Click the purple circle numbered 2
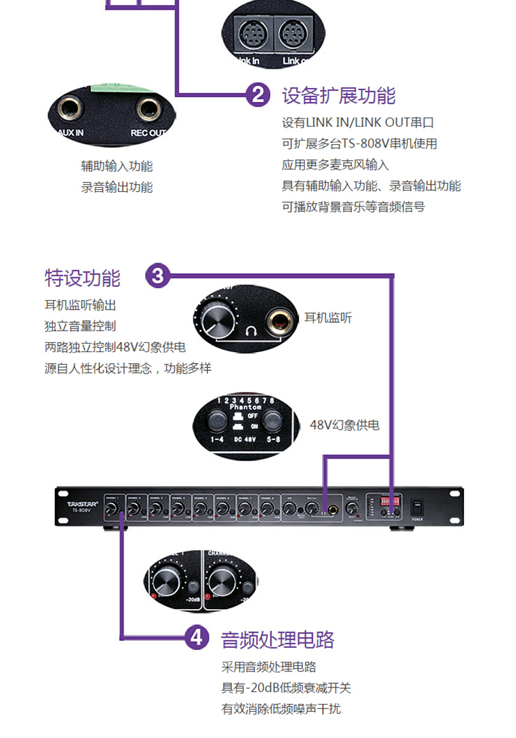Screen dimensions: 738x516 pos(258,94)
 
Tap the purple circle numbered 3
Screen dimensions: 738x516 pos(158,276)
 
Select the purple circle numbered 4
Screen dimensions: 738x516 pos(197,638)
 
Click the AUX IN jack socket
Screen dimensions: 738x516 pos(71,109)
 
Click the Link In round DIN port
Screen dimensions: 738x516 pos(250,33)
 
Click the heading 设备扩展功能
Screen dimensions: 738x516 pos(338,95)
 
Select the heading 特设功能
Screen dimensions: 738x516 pos(82,278)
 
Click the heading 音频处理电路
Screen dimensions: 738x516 pos(277,639)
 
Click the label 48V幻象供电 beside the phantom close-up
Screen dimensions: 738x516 pos(344,425)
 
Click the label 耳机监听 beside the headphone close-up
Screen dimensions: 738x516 pos(328,317)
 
